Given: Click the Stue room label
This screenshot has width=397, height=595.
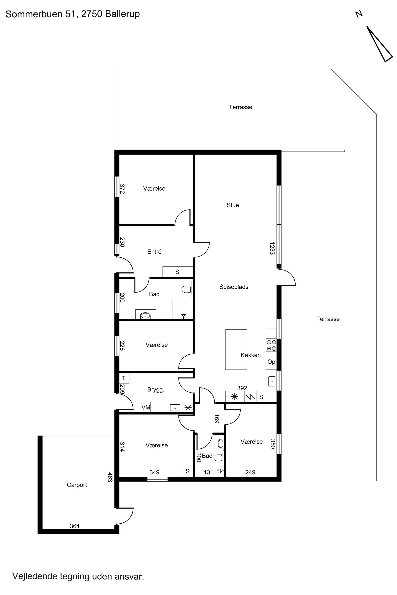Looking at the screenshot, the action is coord(233,205).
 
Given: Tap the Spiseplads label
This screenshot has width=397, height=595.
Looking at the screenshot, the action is coord(234,287).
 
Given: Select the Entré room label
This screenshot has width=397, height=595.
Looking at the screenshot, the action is coord(154,252).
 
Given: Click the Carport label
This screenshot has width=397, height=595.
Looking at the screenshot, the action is coord(77,485).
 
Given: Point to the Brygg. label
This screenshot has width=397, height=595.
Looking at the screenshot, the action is coord(156,390).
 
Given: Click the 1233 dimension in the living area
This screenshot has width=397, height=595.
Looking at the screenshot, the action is coord(272,249).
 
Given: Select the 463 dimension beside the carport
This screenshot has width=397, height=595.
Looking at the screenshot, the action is coord(110,477).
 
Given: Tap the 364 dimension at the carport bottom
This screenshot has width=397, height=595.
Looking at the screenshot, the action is coord(75,526).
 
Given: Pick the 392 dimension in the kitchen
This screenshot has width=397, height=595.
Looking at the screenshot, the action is coord(242,388).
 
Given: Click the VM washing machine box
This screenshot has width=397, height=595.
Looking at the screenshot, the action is coord(146,408).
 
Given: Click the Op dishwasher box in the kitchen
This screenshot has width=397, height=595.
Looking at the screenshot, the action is coord(271,362).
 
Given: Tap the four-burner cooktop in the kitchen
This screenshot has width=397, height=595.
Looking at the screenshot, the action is coord(271,345).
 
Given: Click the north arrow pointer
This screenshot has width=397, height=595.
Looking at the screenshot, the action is coord(380,44).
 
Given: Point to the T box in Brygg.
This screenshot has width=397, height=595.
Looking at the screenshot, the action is coord(124,378).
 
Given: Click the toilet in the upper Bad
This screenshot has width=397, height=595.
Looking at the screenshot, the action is coord(187,289).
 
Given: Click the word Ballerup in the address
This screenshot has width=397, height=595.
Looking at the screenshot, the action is coord(122,14).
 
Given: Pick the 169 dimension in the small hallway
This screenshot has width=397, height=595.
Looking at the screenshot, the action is coord(217,419).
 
